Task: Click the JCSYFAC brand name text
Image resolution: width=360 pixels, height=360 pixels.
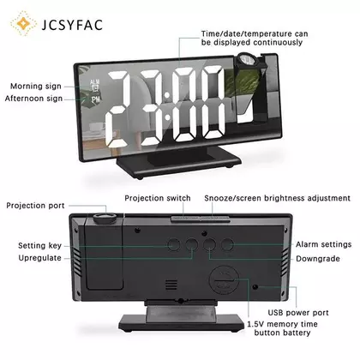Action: click(x=72, y=24)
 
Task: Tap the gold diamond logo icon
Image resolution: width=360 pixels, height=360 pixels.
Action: click(x=23, y=23)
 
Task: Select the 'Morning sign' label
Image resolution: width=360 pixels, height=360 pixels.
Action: click(x=36, y=86)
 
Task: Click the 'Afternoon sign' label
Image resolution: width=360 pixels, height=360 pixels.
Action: click(x=33, y=99)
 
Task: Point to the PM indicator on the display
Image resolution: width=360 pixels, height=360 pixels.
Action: click(x=96, y=99)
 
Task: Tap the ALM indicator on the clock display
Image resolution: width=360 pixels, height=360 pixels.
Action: click(x=94, y=82)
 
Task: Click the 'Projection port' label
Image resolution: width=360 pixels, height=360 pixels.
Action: click(x=35, y=206)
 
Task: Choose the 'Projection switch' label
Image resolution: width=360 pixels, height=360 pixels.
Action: click(x=158, y=198)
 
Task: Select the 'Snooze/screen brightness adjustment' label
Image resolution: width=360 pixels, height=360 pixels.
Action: click(x=277, y=198)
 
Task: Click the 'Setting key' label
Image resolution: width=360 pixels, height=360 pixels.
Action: click(x=39, y=245)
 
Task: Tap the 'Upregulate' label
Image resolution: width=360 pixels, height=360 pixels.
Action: click(x=39, y=258)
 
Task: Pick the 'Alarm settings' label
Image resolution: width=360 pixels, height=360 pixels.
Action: click(x=323, y=244)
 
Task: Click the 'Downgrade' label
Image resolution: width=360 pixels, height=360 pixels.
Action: click(x=318, y=259)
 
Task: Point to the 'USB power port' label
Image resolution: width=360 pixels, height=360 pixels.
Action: click(x=298, y=313)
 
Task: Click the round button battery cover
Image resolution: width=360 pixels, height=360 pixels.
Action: click(x=224, y=280)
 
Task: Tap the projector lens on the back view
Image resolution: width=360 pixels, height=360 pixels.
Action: click(x=105, y=219)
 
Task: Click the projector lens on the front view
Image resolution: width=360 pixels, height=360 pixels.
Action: click(x=247, y=61)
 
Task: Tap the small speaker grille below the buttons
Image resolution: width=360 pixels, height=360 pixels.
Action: click(x=171, y=285)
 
